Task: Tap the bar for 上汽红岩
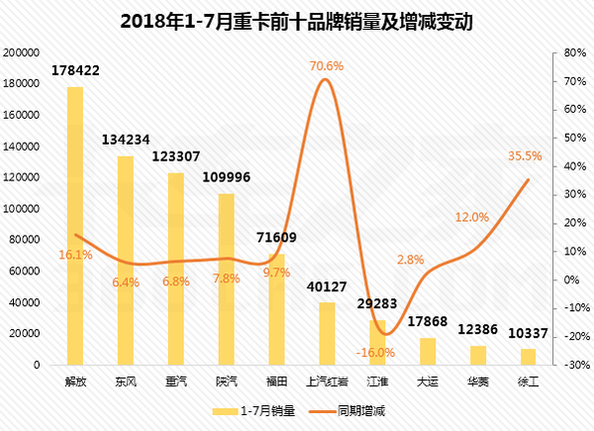[x=327, y=333]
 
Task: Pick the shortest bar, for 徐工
[x=529, y=357]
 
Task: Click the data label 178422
[x=75, y=70]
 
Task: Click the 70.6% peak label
[x=327, y=65]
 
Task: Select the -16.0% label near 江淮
[x=373, y=351]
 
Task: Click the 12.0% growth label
[x=472, y=217]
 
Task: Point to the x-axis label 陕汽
[x=227, y=380]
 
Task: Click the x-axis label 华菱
[x=478, y=380]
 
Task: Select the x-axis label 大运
[x=428, y=380]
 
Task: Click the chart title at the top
[x=296, y=21]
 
